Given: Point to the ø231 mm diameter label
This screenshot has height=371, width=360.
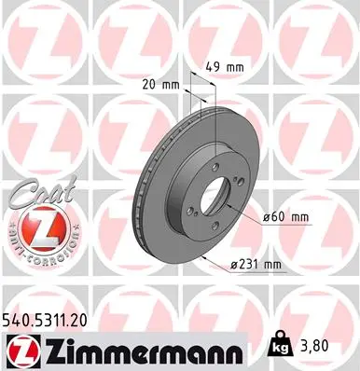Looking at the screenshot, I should pyautogui.click(x=258, y=264).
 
